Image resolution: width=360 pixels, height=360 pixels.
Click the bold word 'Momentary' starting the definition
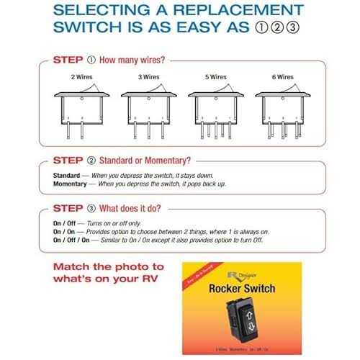73,184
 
